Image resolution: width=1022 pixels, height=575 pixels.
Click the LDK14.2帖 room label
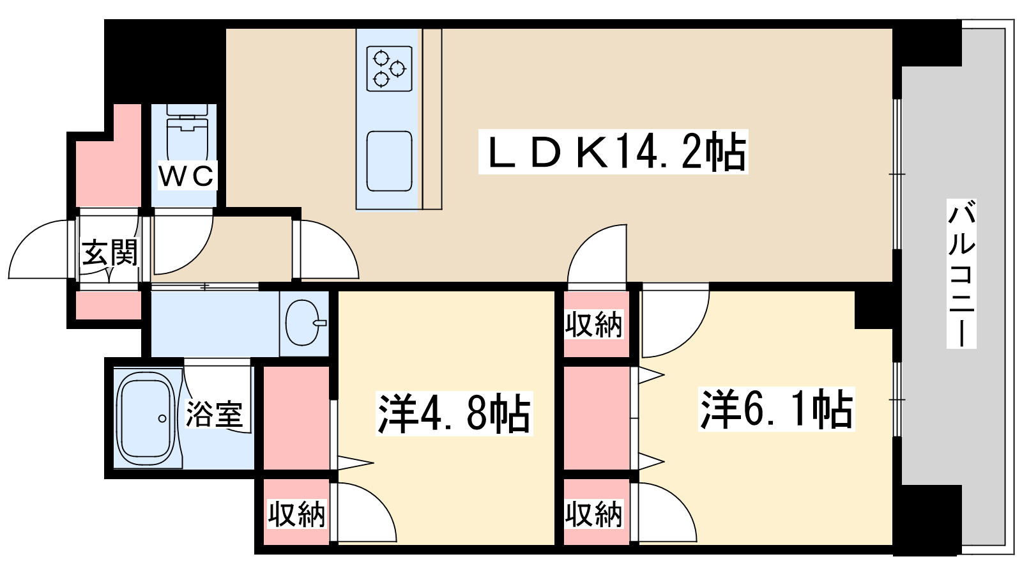[x=613, y=152]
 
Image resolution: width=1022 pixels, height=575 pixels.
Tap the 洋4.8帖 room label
[x=454, y=413]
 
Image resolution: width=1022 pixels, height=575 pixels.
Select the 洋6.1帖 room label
[x=776, y=409]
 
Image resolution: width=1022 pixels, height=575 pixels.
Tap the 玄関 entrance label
[x=110, y=253]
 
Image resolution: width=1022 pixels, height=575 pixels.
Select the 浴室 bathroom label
[x=215, y=414]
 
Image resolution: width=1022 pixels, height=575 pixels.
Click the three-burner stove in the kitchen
[x=389, y=68]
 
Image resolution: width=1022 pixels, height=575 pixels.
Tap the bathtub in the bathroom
[x=146, y=419]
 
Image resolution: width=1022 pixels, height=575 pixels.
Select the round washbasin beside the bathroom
[x=302, y=323]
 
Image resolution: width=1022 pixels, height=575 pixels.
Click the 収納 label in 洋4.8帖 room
[x=296, y=514]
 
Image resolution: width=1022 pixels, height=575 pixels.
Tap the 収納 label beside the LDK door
[x=593, y=325]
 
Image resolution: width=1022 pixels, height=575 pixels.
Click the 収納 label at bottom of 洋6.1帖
[x=593, y=514]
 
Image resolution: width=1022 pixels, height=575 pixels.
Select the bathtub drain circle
[x=162, y=419]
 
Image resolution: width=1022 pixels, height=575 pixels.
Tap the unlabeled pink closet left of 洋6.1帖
[x=596, y=418]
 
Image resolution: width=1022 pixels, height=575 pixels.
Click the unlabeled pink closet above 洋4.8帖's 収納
[x=296, y=418]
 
